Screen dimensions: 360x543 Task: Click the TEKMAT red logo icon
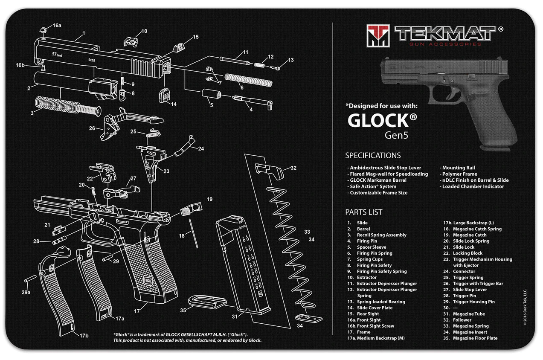pyautogui.click(x=378, y=35)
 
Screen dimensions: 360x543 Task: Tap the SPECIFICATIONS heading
pyautogui.click(x=373, y=156)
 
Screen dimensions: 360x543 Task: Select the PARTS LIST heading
pyautogui.click(x=363, y=212)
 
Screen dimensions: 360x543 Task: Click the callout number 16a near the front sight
pyautogui.click(x=57, y=26)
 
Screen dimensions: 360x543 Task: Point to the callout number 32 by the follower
pyautogui.click(x=293, y=168)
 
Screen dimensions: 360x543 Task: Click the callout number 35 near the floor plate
pyautogui.click(x=183, y=310)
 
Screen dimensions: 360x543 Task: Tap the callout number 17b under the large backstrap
pyautogui.click(x=84, y=335)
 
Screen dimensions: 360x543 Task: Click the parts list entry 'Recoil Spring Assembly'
pyautogui.click(x=381, y=235)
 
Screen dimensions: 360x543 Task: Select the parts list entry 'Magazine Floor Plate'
pyautogui.click(x=470, y=338)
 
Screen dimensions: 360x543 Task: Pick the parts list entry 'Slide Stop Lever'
pyautogui.click(x=470, y=290)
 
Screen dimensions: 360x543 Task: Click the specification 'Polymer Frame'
pyautogui.click(x=459, y=174)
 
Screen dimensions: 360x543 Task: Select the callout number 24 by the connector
pyautogui.click(x=200, y=149)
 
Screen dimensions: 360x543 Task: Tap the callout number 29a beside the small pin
pyautogui.click(x=26, y=293)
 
